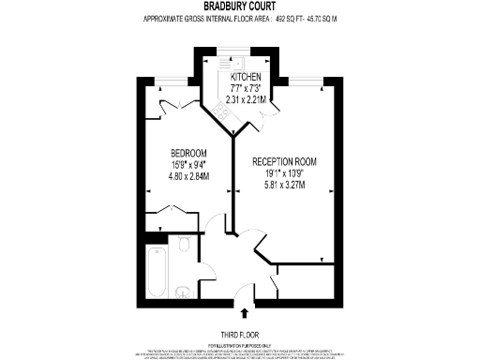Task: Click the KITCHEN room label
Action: [x=246, y=77]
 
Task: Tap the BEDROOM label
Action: [x=189, y=152]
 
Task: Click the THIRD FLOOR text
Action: [x=240, y=335]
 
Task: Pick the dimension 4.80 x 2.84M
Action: [x=189, y=175]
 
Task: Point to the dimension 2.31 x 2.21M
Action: [x=246, y=98]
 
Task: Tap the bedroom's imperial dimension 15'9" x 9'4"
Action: [x=189, y=164]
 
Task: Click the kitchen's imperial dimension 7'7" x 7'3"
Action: [x=246, y=88]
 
